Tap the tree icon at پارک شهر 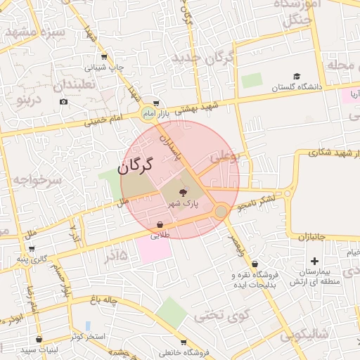tap(184, 191)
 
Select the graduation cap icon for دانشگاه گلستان tap(297, 77)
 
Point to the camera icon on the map tap(64, 102)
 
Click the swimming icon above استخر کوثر tap(88, 326)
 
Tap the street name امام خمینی tap(104, 121)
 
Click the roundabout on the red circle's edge tap(221, 211)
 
